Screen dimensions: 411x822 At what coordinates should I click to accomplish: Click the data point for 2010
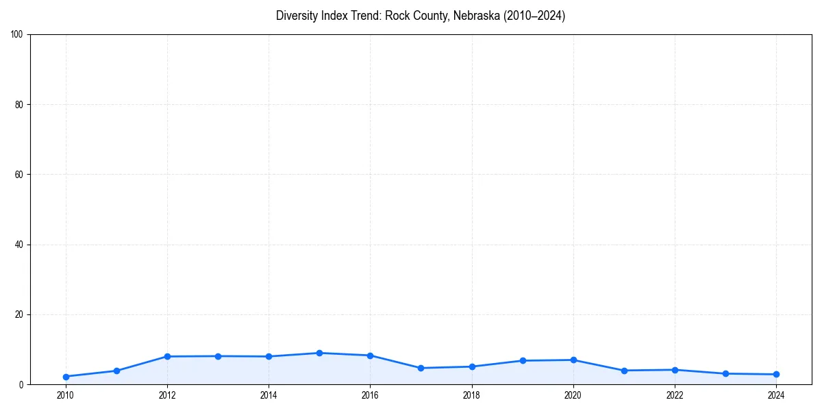pyautogui.click(x=66, y=377)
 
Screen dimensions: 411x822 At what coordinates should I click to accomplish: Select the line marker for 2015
pyautogui.click(x=319, y=353)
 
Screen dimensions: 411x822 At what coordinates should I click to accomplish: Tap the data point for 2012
pyautogui.click(x=167, y=356)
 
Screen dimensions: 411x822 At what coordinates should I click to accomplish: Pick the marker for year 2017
pyautogui.click(x=421, y=368)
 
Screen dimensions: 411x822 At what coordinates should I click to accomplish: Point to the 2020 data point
pyautogui.click(x=573, y=360)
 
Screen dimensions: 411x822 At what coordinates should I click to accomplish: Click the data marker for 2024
pyautogui.click(x=776, y=374)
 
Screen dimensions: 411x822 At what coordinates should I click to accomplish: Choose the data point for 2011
pyautogui.click(x=116, y=371)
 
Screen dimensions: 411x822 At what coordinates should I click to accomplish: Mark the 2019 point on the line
pyautogui.click(x=523, y=360)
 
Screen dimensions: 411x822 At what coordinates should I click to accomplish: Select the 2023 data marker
pyautogui.click(x=725, y=373)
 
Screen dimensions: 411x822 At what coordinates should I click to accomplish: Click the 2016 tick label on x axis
pyautogui.click(x=370, y=395)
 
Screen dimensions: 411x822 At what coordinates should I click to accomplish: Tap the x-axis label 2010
pyautogui.click(x=66, y=395)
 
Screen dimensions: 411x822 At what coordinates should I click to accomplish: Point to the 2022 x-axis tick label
pyautogui.click(x=675, y=395)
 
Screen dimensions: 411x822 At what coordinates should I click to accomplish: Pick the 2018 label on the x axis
pyautogui.click(x=471, y=395)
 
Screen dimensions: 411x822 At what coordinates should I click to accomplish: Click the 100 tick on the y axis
pyautogui.click(x=17, y=35)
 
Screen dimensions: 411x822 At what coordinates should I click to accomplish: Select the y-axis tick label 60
pyautogui.click(x=19, y=175)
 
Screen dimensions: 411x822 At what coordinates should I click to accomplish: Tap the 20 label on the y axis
pyautogui.click(x=19, y=314)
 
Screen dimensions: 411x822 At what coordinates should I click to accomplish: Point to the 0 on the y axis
pyautogui.click(x=21, y=384)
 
